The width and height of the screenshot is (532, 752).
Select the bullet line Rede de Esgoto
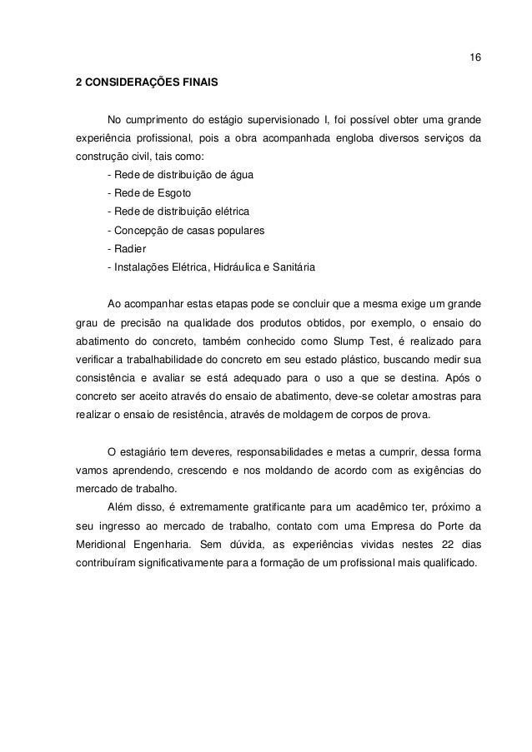149,193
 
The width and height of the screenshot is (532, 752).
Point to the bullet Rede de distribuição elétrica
178,212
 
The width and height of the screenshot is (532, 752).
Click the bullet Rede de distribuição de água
182,175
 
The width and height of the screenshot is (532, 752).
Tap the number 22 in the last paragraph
430,543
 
